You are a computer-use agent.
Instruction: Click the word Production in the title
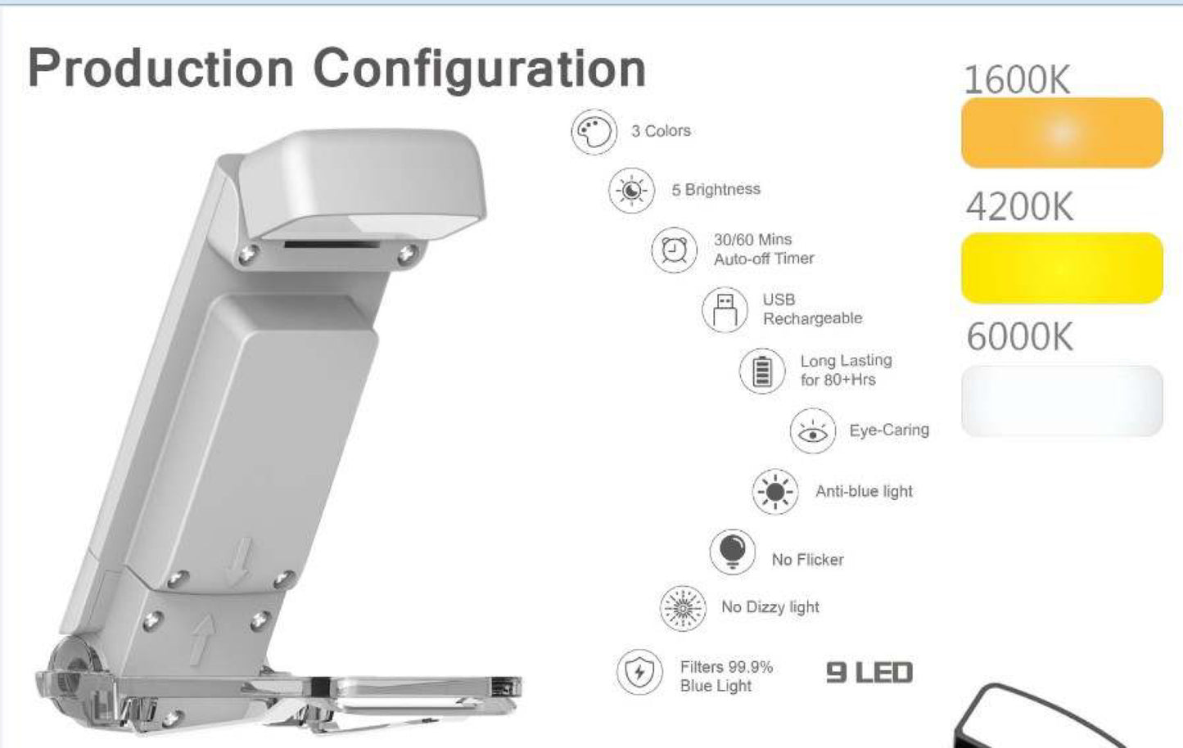tap(160, 68)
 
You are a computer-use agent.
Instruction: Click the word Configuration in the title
tap(480, 70)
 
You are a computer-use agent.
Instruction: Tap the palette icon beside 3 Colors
tap(594, 132)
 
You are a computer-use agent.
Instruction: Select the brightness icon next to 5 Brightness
tap(632, 190)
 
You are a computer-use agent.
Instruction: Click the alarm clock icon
tap(675, 250)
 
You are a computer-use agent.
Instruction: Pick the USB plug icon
tap(725, 310)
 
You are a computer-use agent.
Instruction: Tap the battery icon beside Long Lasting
tap(762, 371)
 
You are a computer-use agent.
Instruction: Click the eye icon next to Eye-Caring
tap(813, 430)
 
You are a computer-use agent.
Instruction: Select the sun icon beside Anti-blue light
tap(775, 492)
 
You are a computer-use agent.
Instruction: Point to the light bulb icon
tap(733, 552)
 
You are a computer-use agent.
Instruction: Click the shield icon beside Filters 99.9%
tap(639, 672)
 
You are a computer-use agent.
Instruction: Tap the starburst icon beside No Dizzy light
tap(683, 609)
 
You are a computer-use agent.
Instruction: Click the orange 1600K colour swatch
tap(1062, 133)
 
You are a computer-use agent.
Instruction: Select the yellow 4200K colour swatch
tap(1062, 268)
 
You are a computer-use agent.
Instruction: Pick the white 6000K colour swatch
tap(1062, 401)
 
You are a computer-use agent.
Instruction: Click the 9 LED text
tap(869, 673)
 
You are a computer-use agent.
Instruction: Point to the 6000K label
tap(1020, 337)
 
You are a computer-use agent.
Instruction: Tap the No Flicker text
tap(807, 560)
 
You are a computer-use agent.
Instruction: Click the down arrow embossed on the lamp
tap(239, 561)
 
